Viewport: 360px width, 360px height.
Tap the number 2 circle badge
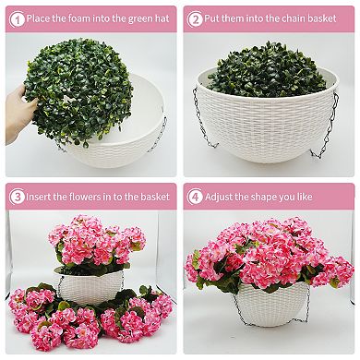click(197, 18)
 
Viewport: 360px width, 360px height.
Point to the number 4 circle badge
click(197, 197)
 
